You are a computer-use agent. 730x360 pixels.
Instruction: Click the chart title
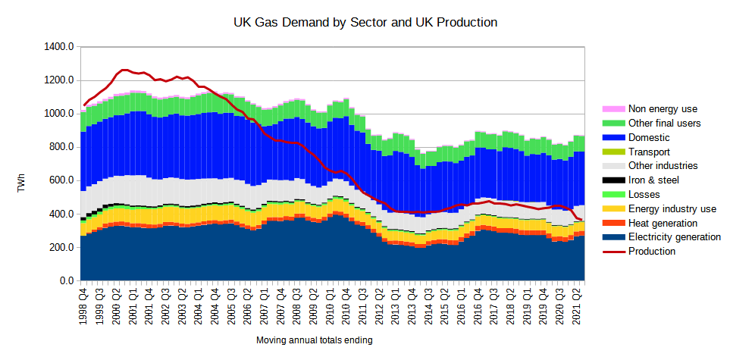tap(365, 23)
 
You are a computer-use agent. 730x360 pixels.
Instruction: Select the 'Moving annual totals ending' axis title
tap(314, 341)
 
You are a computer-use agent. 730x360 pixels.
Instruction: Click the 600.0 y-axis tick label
tap(61, 180)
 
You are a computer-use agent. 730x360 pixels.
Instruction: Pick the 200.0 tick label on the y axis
tap(61, 248)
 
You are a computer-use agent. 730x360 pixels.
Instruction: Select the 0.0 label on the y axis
tap(67, 281)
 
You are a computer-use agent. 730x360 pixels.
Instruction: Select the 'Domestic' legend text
tap(650, 138)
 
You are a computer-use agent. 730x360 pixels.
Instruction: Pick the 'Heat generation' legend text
tap(663, 223)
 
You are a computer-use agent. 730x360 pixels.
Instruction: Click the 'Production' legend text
tap(652, 252)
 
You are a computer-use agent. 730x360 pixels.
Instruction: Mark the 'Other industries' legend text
tap(663, 166)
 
